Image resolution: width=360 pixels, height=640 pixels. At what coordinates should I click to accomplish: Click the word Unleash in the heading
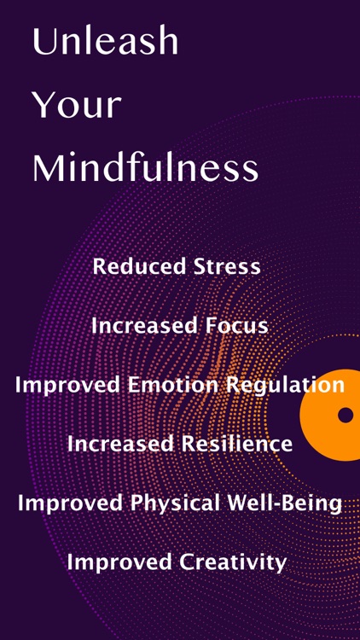[105, 42]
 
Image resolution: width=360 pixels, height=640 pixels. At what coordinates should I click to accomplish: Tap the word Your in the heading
[77, 106]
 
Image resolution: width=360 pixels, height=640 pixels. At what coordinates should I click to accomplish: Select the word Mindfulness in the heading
[145, 168]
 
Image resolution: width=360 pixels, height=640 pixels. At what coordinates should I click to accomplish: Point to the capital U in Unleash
[44, 42]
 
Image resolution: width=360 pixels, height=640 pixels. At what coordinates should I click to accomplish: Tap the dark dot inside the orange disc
[345, 415]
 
